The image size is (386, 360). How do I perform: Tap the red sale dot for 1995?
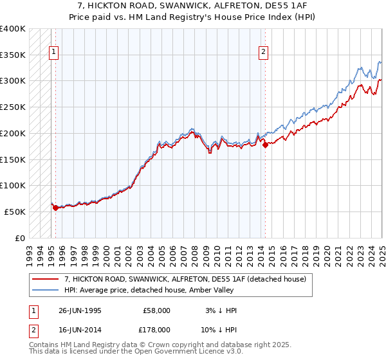coord(55,208)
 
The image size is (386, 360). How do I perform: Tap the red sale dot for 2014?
coord(264,145)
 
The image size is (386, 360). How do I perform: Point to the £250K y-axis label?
coord(13,107)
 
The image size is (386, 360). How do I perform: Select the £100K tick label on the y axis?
coord(13,185)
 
